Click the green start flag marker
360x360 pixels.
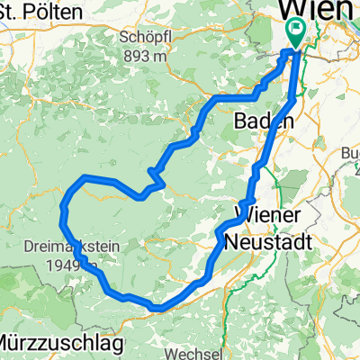click(x=294, y=33)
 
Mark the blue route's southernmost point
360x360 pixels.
click(x=157, y=308)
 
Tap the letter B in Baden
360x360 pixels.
click(x=239, y=121)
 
